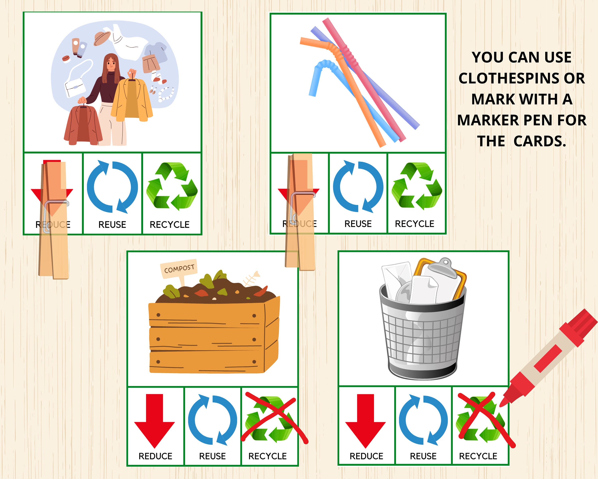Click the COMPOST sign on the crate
click(x=179, y=268)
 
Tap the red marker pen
click(x=552, y=358)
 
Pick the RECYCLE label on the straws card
click(x=414, y=224)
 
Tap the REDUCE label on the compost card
click(x=155, y=456)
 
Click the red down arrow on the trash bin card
click(x=365, y=419)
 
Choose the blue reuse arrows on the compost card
click(x=212, y=419)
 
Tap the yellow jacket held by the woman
click(x=132, y=100)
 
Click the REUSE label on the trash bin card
click(x=423, y=456)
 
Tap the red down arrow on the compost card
click(x=154, y=419)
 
